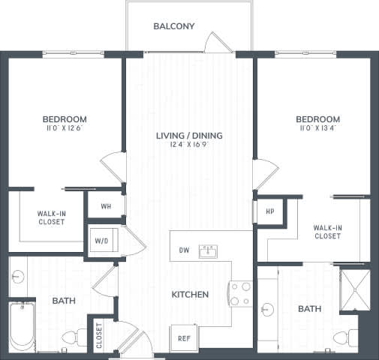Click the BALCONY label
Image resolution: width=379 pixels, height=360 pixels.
pos(174,26)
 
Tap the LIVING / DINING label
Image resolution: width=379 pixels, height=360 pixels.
pos(189,136)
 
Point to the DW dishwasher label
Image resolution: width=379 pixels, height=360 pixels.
pos(184,250)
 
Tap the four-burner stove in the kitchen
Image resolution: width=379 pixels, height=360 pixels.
pos(240,293)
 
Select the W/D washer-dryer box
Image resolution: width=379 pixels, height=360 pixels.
pos(101,241)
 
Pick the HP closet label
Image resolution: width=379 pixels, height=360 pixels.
pos(269,211)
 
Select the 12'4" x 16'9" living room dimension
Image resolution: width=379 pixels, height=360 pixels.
pos(189,145)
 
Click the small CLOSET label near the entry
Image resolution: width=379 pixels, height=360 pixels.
pos(98,334)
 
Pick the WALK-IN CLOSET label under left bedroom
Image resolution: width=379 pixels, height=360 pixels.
pos(50,217)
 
